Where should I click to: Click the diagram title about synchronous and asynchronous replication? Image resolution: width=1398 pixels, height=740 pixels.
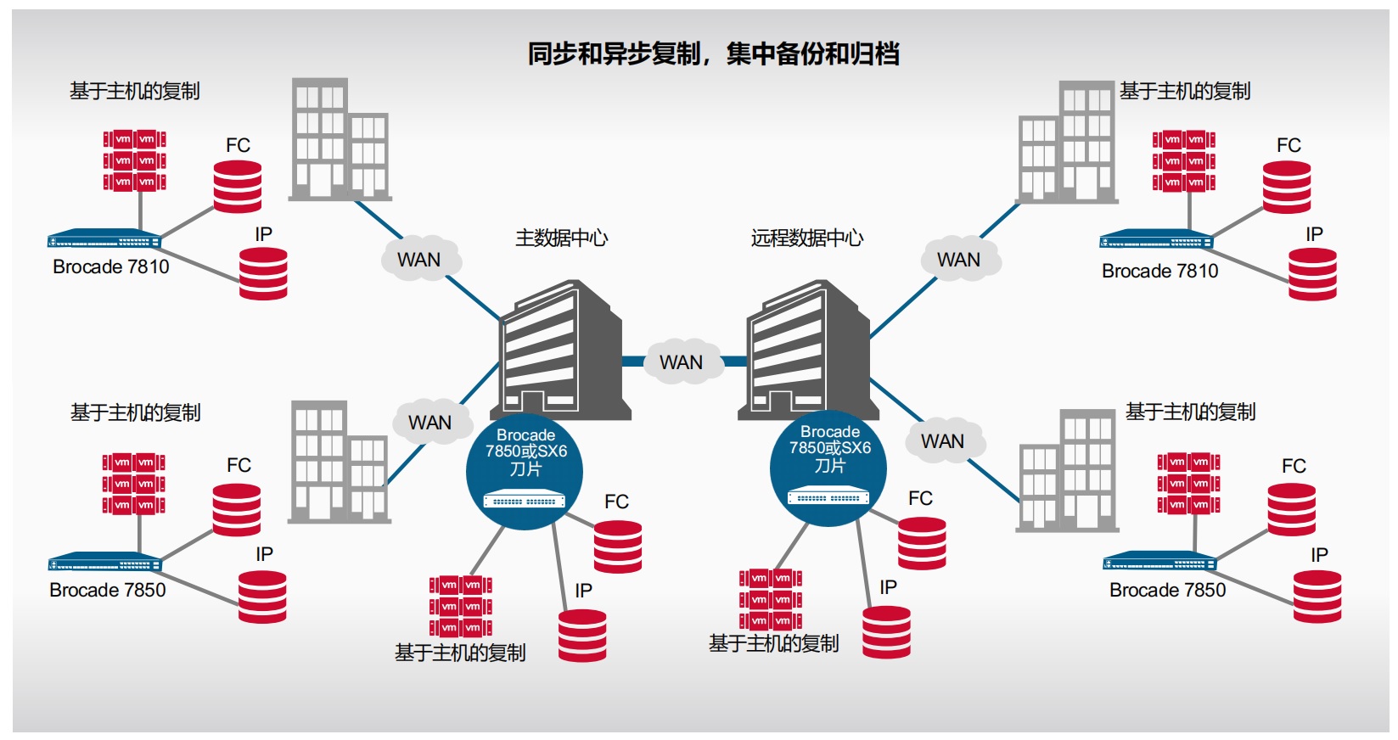(x=713, y=53)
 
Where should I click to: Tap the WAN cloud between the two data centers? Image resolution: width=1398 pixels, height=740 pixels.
(x=682, y=362)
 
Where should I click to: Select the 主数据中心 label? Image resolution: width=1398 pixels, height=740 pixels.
(x=561, y=238)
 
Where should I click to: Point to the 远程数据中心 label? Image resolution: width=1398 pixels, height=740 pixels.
(x=806, y=238)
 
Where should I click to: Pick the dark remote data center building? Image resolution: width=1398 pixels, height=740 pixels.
(x=806, y=352)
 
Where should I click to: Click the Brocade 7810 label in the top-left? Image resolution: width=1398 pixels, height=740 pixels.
(x=111, y=266)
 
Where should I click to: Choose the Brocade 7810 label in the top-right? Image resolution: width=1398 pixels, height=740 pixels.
(x=1159, y=271)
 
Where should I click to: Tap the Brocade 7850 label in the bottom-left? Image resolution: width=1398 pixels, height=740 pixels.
(x=108, y=590)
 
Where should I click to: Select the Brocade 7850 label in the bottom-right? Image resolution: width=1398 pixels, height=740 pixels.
(x=1167, y=590)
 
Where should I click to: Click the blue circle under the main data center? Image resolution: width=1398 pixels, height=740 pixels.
(x=525, y=471)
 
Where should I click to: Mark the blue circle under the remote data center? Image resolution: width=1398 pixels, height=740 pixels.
(x=829, y=468)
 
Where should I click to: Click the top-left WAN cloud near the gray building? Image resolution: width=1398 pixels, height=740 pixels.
(x=419, y=259)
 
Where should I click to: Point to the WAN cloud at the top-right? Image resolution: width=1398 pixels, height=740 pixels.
(x=959, y=259)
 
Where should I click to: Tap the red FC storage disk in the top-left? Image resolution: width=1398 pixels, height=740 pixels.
(x=238, y=187)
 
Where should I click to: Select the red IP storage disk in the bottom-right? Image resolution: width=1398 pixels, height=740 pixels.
(x=1317, y=597)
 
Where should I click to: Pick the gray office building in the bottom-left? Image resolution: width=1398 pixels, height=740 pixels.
(x=339, y=462)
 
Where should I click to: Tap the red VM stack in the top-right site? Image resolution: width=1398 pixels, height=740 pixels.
(x=1183, y=160)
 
